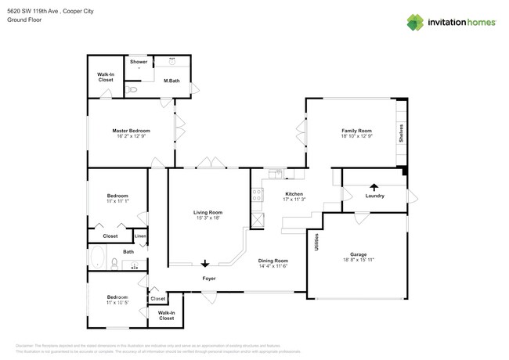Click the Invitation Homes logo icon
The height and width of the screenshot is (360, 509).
click(415, 23)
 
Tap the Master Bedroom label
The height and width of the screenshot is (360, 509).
click(131, 131)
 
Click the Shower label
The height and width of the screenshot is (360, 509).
click(139, 62)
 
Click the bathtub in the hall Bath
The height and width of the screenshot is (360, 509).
click(99, 258)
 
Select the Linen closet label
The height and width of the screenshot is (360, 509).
click(139, 236)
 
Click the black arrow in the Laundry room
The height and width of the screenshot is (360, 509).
click(374, 187)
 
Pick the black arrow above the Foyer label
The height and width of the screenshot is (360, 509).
click(206, 264)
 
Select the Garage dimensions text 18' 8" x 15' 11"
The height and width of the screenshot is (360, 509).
click(359, 260)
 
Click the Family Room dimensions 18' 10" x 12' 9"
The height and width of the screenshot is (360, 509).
click(356, 136)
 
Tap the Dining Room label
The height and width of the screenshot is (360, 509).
click(273, 261)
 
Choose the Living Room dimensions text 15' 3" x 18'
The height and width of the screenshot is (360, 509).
click(208, 218)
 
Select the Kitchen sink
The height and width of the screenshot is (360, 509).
click(276, 173)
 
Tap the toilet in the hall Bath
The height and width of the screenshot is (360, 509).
click(114, 264)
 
